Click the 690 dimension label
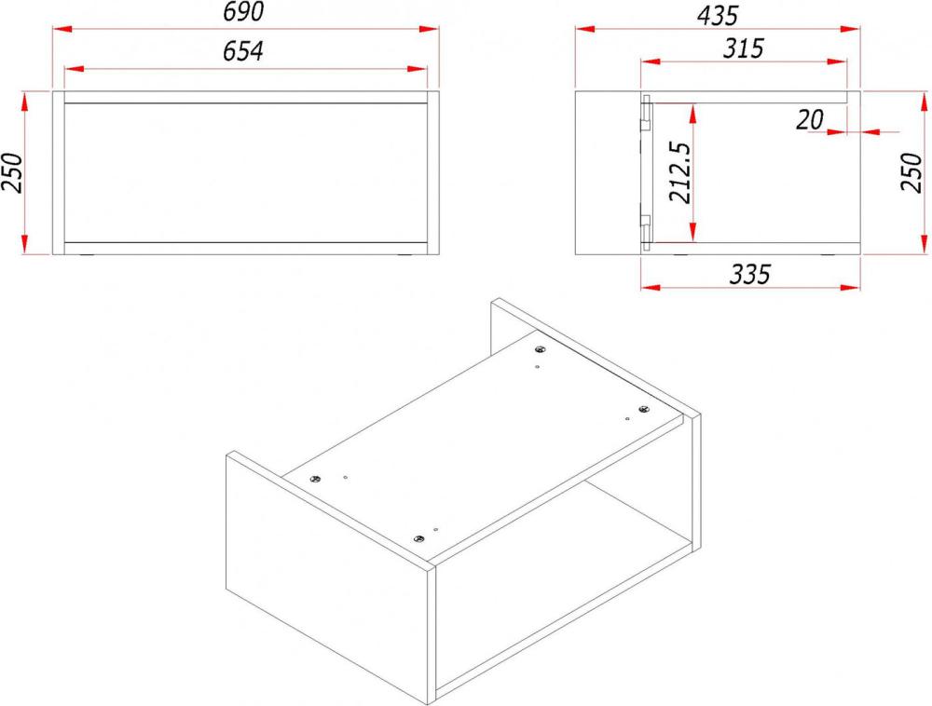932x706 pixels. [243, 12]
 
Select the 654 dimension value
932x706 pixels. [243, 51]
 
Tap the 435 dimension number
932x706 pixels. [718, 16]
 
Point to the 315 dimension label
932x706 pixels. [743, 48]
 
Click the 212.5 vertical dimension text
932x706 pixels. [680, 172]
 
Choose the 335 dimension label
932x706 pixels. [749, 275]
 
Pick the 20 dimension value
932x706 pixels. [810, 120]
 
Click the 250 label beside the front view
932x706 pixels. [12, 173]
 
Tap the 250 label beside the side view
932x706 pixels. [911, 172]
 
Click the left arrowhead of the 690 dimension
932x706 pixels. [62, 29]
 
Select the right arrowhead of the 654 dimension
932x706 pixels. [418, 69]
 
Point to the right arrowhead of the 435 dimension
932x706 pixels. [851, 29]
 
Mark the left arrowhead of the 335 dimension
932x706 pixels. [651, 288]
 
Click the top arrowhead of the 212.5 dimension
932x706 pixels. [693, 114]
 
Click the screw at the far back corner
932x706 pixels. [540, 349]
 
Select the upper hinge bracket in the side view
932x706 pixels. [646, 115]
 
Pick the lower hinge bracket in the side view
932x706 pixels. [646, 229]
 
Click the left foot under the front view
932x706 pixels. [87, 256]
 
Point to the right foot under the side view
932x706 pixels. [826, 256]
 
